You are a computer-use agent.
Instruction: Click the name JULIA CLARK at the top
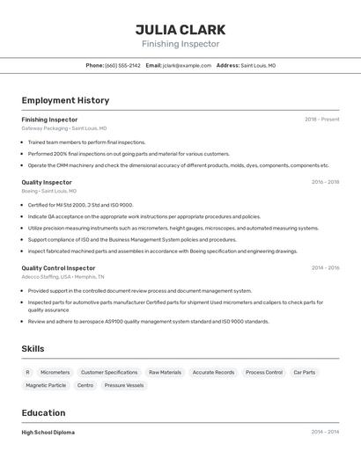(180, 29)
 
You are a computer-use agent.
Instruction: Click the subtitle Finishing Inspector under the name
(180, 44)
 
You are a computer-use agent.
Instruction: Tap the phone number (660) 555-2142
(122, 65)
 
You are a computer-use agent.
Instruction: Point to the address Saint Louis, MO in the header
(258, 65)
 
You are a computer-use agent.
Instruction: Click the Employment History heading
(65, 100)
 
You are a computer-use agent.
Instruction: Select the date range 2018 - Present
(321, 120)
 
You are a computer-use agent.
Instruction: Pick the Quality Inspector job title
(47, 182)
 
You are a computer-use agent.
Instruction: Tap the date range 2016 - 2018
(325, 182)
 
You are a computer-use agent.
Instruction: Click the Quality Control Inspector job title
(58, 267)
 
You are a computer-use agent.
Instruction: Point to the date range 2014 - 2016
(325, 267)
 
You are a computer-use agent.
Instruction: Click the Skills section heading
(33, 349)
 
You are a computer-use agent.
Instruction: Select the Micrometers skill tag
(55, 372)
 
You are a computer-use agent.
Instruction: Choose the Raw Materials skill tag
(165, 372)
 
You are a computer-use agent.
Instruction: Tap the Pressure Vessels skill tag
(123, 385)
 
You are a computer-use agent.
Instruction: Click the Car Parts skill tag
(304, 372)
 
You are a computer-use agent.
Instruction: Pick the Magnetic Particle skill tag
(46, 385)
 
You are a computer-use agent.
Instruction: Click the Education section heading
(43, 412)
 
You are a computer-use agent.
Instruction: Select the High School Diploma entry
(48, 433)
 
